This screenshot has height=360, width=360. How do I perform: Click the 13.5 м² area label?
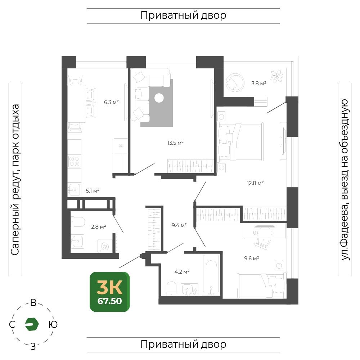(175, 143)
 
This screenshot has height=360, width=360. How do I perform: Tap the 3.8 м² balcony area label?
(258, 84)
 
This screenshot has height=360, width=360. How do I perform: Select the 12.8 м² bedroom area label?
(255, 183)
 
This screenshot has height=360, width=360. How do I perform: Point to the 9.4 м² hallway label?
(179, 225)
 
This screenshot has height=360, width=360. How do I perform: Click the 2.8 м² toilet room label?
(98, 227)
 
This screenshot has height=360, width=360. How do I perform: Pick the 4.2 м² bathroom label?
(182, 272)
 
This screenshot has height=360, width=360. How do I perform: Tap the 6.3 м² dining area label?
(111, 102)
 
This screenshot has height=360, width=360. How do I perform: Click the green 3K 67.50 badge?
(110, 292)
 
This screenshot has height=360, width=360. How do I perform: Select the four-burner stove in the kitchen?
(74, 161)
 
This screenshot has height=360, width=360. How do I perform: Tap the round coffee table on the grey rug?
(159, 98)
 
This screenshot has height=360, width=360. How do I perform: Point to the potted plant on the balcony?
(277, 76)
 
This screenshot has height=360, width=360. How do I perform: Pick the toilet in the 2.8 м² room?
(78, 222)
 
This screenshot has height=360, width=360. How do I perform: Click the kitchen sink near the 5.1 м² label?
(74, 190)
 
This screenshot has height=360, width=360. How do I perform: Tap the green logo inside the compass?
(32, 324)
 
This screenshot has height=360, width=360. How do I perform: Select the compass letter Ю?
(53, 324)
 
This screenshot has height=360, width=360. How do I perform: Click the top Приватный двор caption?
(183, 15)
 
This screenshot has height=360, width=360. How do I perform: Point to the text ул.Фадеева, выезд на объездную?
(345, 180)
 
